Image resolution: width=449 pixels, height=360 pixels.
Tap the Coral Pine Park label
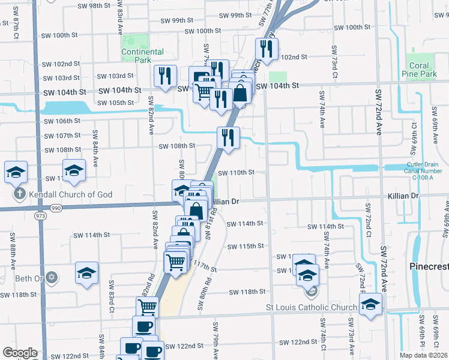[x=419, y=70]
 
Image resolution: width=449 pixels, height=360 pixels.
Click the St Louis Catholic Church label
[x=312, y=308]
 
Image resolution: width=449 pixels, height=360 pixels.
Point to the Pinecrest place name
[x=429, y=266]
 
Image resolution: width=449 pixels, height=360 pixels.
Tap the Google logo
[x=20, y=353]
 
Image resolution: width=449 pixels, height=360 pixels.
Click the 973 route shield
[x=41, y=215]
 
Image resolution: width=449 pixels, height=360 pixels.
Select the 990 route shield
[x=56, y=208]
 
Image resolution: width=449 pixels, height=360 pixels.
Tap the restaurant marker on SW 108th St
[x=228, y=137]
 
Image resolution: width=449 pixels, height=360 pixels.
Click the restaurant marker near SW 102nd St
[x=265, y=49]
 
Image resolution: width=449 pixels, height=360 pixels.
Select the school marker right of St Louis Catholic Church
[x=370, y=304]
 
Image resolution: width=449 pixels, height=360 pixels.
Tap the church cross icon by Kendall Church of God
[x=20, y=194]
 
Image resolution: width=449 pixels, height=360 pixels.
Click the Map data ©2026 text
[x=423, y=355]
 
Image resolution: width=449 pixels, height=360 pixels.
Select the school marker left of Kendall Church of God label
[x=16, y=172]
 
